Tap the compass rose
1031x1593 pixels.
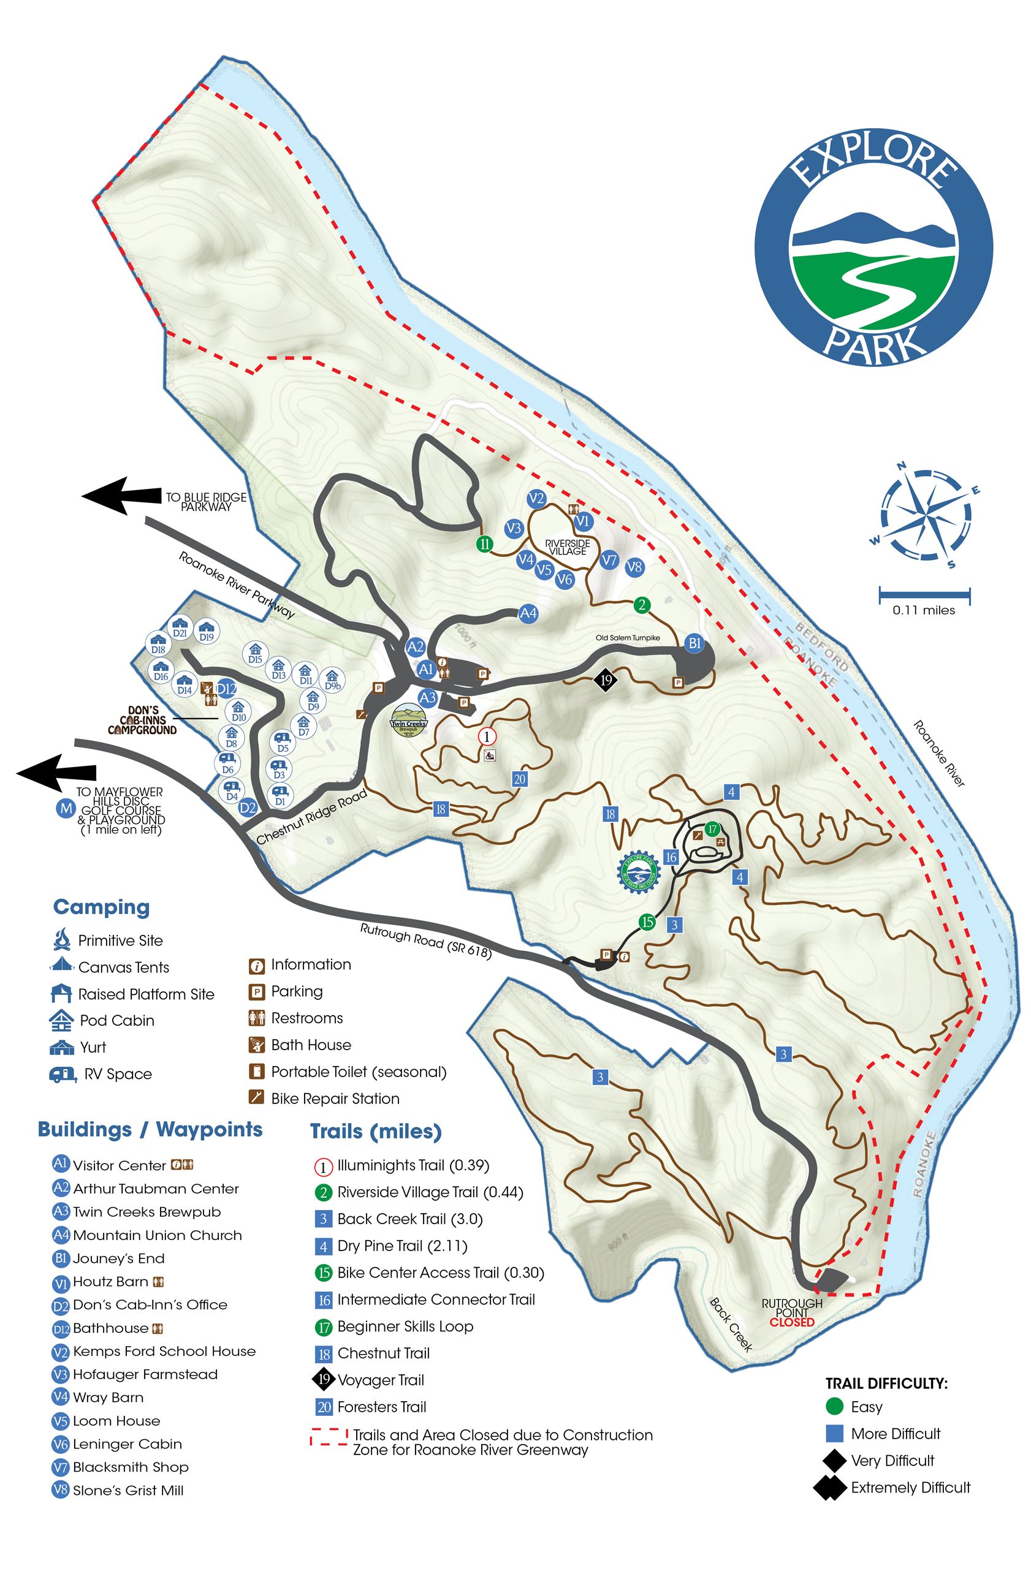coord(925,515)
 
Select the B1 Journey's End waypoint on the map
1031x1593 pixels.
coord(695,643)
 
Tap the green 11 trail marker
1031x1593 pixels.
coord(485,544)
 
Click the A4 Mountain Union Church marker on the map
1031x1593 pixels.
coord(528,613)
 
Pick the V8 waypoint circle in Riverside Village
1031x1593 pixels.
coord(634,567)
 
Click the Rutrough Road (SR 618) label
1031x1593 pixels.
coord(426,941)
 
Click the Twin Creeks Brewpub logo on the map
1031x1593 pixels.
coord(408,720)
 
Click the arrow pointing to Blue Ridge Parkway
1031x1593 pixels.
coord(121,496)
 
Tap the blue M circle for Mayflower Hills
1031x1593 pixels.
coord(66,809)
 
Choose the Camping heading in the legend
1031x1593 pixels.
coord(101,907)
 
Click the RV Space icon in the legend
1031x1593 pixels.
coord(63,1075)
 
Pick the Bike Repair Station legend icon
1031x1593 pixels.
coord(256,1098)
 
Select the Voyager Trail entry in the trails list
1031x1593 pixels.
coord(380,1380)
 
